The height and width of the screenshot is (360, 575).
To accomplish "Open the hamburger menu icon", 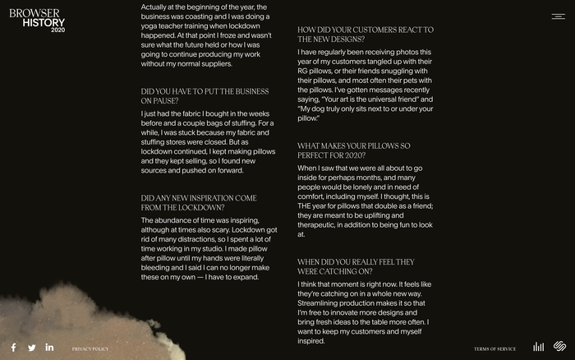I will (x=558, y=16).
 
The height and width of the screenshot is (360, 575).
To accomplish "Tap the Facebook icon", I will (x=14, y=348).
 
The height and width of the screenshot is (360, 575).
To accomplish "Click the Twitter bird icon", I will (x=32, y=348).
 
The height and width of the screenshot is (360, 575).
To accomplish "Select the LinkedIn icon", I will (x=49, y=348).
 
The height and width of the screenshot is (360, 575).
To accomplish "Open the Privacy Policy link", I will (x=90, y=349).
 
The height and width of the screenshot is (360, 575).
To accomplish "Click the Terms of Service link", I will (x=494, y=349).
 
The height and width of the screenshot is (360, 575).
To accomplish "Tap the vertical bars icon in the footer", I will (x=539, y=348).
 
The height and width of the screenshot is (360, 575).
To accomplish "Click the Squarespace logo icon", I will (x=559, y=348).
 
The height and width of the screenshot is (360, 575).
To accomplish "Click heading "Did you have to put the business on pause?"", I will (x=205, y=96).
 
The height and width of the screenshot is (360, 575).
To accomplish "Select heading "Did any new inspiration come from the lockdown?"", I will (x=199, y=203).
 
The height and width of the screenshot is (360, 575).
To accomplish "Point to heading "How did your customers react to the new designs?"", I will (x=366, y=35).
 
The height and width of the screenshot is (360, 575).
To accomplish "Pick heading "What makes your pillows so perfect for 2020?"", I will (x=354, y=150).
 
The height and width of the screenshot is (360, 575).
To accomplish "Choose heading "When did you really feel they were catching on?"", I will (x=356, y=266).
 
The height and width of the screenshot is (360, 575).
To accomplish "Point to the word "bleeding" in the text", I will (x=158, y=268).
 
